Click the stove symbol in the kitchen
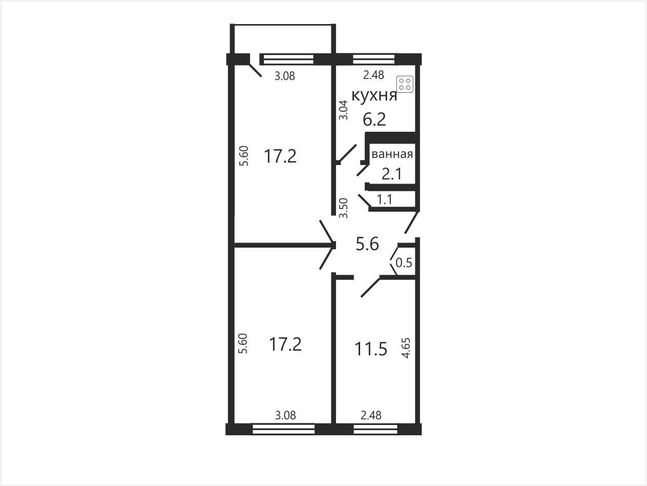coord(405,85)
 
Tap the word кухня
coord(374,95)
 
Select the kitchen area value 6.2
coord(374,120)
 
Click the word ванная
coord(392,154)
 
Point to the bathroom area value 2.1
coord(392,174)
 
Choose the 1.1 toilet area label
coord(385,199)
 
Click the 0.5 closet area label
coord(404,262)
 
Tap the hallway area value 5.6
coord(367,244)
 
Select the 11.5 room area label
coord(371,349)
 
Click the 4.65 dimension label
coord(406,348)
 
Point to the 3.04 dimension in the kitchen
coord(343,110)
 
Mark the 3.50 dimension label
coord(343,208)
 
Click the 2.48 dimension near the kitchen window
coord(373,75)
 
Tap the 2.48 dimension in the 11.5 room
coord(371,415)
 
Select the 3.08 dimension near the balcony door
coord(285,76)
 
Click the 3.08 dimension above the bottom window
coord(285,415)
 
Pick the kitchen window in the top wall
coord(374,59)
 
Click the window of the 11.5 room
coord(375,429)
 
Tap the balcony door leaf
coord(255,70)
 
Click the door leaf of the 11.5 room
coord(370,287)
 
